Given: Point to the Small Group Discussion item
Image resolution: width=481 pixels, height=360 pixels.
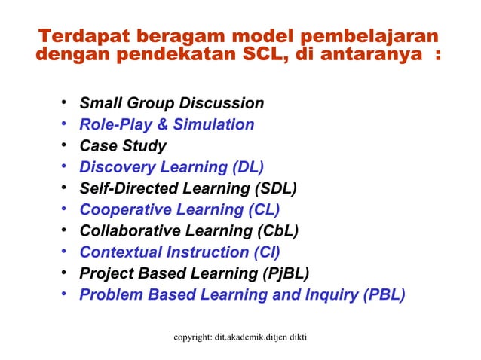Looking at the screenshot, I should coord(171,103).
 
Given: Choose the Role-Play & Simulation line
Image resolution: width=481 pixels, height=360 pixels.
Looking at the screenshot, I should coord(167,124).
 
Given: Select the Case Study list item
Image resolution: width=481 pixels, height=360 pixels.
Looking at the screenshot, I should coord(123,145).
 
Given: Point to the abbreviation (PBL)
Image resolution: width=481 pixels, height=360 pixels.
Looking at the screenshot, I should coord(384,294).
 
